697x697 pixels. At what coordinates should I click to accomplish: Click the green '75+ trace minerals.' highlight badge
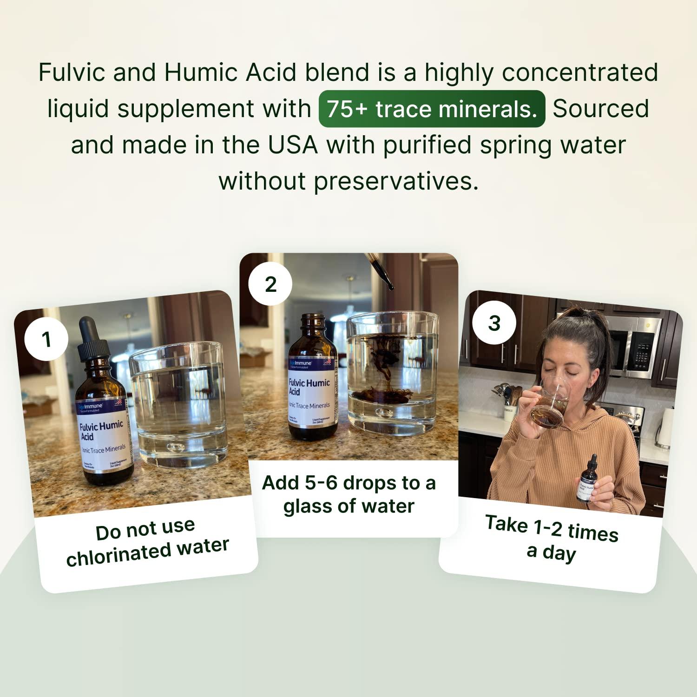[432, 109]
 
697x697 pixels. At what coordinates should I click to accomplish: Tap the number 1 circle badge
[46, 339]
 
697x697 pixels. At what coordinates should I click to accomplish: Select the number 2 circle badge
[270, 284]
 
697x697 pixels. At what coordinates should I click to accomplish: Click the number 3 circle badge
[494, 323]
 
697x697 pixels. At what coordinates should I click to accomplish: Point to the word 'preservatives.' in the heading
[396, 181]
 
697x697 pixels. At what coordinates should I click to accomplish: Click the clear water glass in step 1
[179, 404]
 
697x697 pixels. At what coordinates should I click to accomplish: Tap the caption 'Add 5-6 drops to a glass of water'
[348, 494]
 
